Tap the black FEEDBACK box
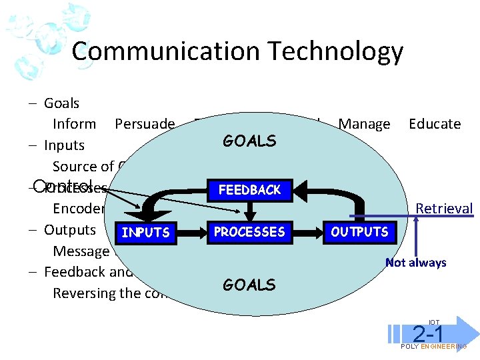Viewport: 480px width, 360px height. tap(249, 190)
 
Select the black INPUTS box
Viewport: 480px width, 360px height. tap(145, 233)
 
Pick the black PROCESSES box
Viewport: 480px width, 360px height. tap(249, 232)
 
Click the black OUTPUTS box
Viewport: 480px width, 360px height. tap(361, 232)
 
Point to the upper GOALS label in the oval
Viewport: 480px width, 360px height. tap(249, 141)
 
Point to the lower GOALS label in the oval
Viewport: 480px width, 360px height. tap(249, 285)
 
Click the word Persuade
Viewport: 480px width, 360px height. tap(145, 124)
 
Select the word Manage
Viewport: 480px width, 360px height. tap(364, 124)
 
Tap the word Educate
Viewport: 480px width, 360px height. tap(435, 124)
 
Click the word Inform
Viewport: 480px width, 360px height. tap(75, 124)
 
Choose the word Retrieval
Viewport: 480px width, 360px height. tap(444, 209)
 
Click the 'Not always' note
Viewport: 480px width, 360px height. tap(416, 263)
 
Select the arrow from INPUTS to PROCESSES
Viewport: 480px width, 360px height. tap(191, 232)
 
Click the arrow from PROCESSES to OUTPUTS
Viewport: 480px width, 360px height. tap(307, 232)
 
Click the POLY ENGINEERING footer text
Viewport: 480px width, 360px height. tap(433, 347)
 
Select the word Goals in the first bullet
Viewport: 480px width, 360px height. tap(61, 103)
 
